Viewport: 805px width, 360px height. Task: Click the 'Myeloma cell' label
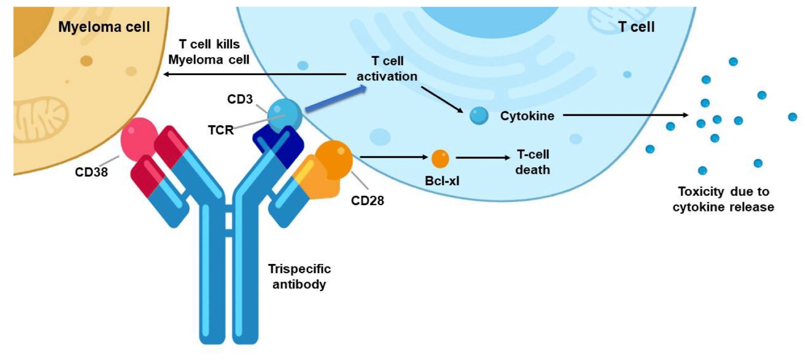click(104, 26)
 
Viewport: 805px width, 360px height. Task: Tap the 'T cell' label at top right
click(636, 27)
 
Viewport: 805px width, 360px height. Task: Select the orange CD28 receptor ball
click(333, 156)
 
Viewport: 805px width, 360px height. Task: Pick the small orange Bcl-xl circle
click(440, 159)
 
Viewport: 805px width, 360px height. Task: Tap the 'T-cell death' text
click(533, 162)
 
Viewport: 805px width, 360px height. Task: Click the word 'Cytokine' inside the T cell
click(527, 116)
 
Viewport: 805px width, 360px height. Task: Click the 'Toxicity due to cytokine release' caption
click(723, 199)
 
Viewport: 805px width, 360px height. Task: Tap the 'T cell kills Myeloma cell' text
click(209, 52)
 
